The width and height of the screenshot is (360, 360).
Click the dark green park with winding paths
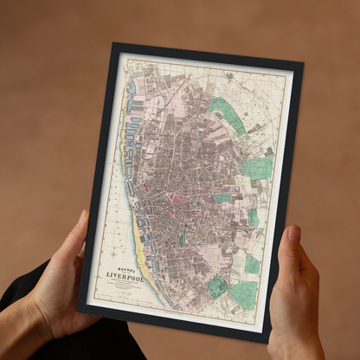(x=218, y=286)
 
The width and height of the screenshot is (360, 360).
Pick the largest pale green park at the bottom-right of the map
(x=245, y=297)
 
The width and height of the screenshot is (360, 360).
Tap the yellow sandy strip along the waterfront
(x=138, y=278)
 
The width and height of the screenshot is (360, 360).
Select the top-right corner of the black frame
(x=304, y=62)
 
